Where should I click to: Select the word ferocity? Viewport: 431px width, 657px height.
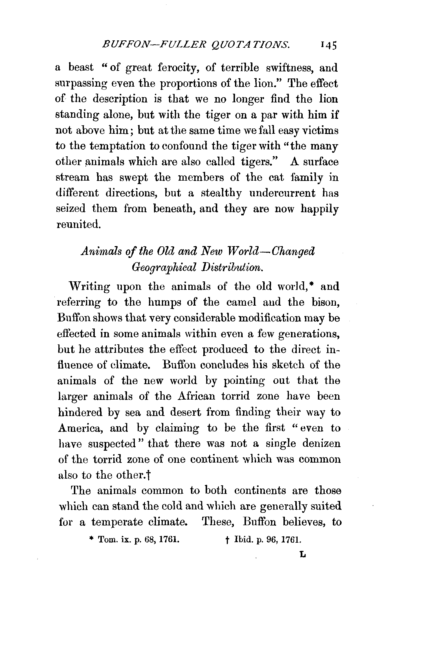(179, 68)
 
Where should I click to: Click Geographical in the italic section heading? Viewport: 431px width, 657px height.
(164, 267)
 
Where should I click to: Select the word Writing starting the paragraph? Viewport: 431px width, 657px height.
(89, 287)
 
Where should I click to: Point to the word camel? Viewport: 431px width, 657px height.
(241, 302)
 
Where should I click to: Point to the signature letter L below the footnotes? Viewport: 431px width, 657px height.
(303, 555)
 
